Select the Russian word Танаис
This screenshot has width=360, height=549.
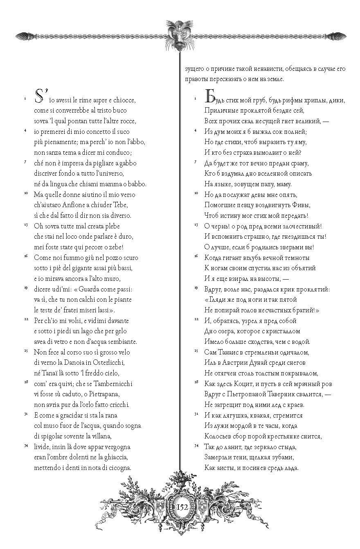[x=232, y=352]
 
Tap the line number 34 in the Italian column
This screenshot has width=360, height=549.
[x=25, y=445]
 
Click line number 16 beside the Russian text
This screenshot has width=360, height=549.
[x=196, y=256]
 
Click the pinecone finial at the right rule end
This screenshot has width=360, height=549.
[x=336, y=36]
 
